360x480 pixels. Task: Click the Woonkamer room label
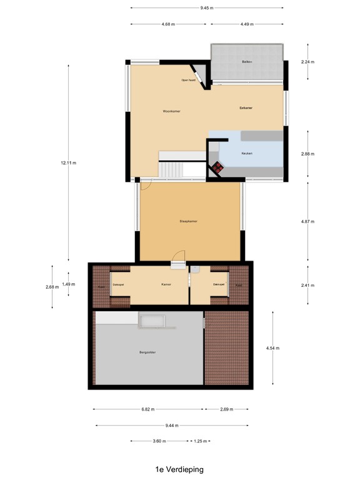[171, 111]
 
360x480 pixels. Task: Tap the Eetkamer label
[246, 107]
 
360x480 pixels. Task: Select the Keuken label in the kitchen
[247, 153]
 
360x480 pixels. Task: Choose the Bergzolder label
[147, 352]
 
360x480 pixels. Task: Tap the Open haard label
[189, 80]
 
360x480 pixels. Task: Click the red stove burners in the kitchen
[217, 167]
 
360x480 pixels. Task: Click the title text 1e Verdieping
[180, 469]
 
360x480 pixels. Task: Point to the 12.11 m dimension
[68, 163]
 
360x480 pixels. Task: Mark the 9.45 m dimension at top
[207, 8]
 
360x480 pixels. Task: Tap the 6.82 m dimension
[147, 409]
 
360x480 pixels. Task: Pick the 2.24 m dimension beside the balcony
[307, 62]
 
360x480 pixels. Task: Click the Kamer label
[166, 284]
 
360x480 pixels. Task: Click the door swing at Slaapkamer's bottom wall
[179, 257]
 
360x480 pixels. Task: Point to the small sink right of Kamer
[196, 269]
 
